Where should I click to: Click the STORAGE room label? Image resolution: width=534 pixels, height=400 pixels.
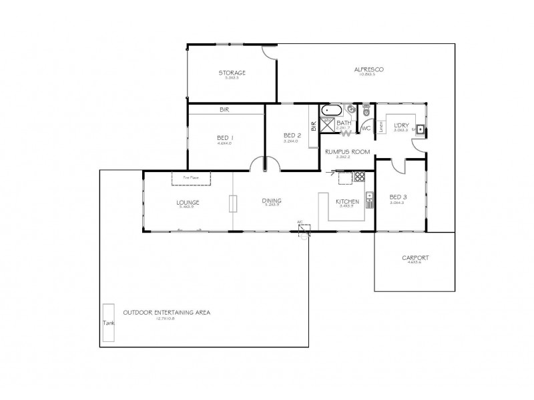(232, 73)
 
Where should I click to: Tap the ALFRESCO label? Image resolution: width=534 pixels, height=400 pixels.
(367, 69)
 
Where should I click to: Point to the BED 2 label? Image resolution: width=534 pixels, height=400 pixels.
(292, 135)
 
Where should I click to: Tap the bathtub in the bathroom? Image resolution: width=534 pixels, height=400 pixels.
(332, 109)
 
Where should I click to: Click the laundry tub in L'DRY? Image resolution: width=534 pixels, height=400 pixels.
(419, 129)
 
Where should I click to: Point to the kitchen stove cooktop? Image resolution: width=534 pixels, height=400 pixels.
(359, 177)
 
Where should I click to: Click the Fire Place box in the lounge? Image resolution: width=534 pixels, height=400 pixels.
(191, 177)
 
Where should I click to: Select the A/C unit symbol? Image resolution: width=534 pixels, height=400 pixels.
(304, 231)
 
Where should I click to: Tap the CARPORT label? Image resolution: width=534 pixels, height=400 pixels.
(415, 258)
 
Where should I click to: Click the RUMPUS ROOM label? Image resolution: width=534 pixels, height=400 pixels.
(347, 152)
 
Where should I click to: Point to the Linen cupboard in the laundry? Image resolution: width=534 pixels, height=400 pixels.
(380, 127)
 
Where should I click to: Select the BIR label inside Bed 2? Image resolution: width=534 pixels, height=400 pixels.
(312, 124)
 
